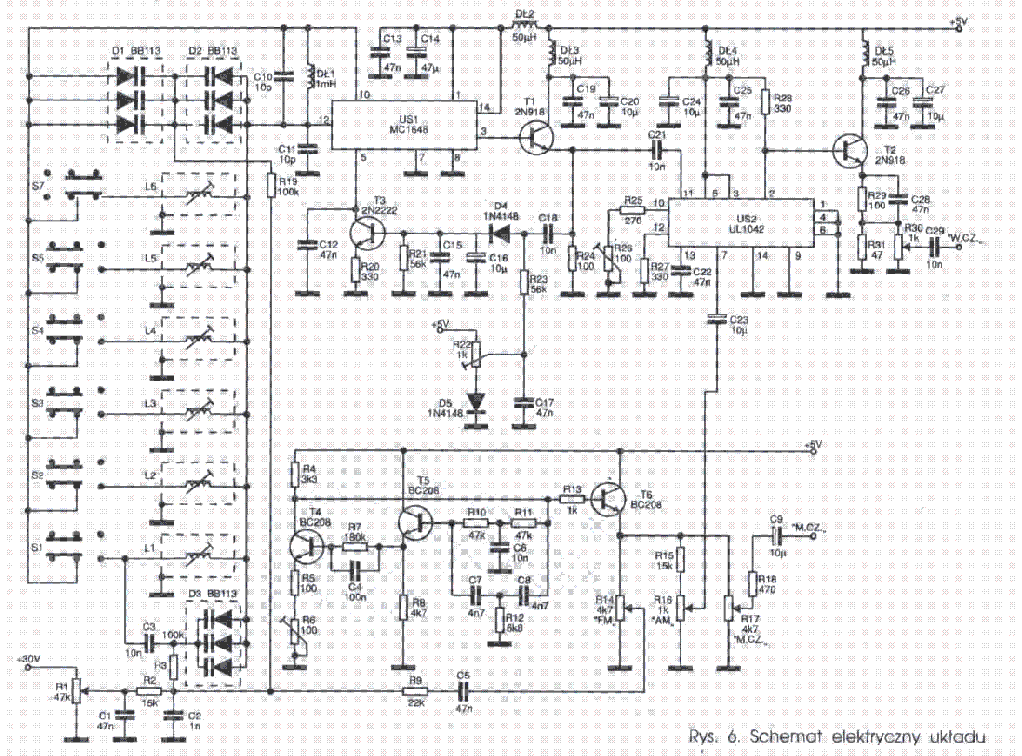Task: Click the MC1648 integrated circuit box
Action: tap(404, 124)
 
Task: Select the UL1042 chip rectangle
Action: tap(741, 223)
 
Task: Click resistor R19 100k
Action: tap(271, 185)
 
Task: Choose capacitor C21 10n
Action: tap(657, 150)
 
